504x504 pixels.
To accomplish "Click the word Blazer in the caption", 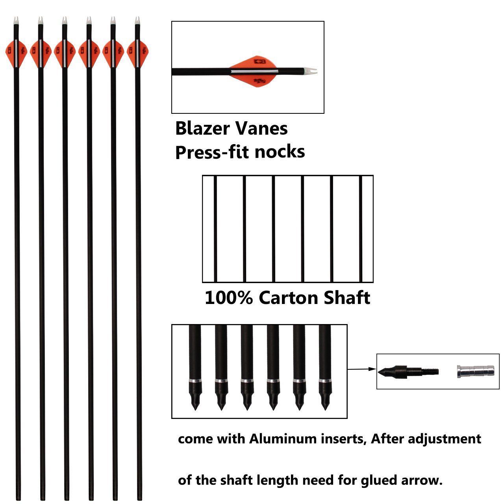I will tap(202, 129).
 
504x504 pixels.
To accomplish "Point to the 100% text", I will tap(228, 298).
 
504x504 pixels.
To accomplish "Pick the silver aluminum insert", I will tap(476, 371).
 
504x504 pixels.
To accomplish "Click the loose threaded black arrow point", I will tap(408, 371).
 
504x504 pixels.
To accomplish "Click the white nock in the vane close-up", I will tap(311, 71).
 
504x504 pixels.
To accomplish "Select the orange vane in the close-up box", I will tap(254, 71).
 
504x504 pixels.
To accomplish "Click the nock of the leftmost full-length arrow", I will tap(16, 21).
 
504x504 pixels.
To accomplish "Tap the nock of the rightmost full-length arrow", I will tap(137, 21).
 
